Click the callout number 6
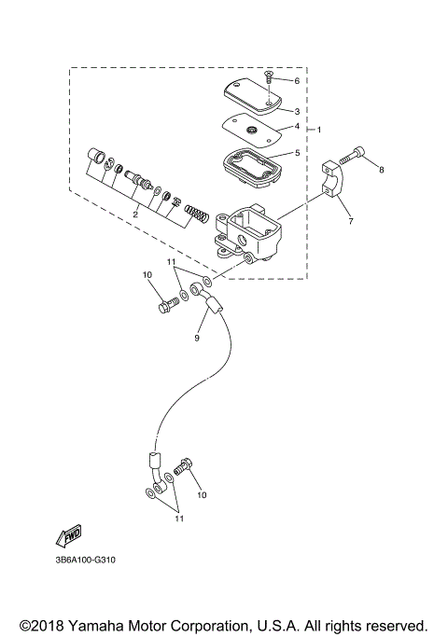297,81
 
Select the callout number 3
297,110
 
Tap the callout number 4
297,126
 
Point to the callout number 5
297,152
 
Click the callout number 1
320,129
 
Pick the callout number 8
381,169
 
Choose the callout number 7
352,222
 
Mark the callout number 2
135,215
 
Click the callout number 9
197,338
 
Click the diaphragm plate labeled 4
250,129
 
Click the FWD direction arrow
70,535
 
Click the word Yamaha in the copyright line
99,625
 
